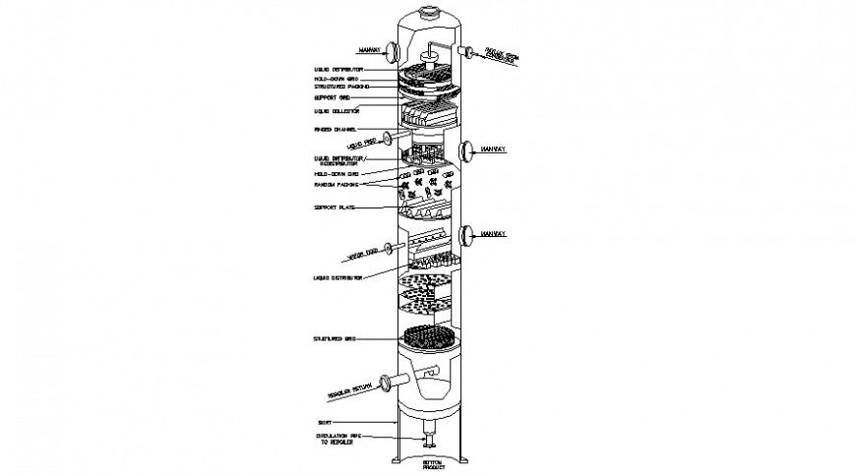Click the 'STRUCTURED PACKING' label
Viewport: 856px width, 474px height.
pos(342,88)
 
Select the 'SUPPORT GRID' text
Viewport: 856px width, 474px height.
pos(334,99)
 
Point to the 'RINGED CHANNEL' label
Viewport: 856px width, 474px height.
pos(336,130)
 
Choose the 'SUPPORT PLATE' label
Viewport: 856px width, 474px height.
pos(335,208)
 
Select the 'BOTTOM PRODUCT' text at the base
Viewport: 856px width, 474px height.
pos(434,464)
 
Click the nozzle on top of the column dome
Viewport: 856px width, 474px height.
pos(428,13)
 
